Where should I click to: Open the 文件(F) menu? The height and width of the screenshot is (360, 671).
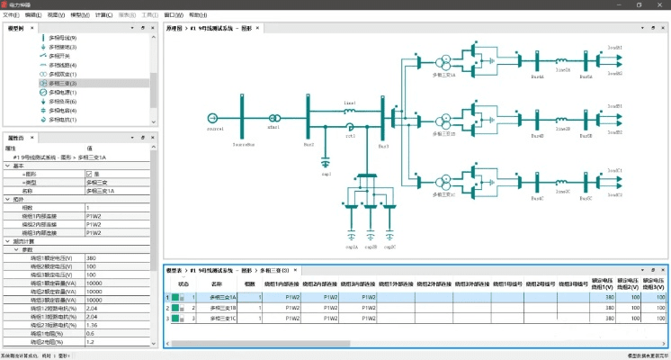(11, 15)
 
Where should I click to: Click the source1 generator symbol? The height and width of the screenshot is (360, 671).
(214, 118)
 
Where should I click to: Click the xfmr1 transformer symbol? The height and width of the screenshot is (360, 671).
(274, 118)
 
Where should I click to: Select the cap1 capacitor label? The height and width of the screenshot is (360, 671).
(327, 173)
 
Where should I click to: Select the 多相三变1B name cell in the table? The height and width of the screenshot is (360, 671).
(222, 307)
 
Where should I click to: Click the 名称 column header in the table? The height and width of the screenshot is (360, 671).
(215, 283)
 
